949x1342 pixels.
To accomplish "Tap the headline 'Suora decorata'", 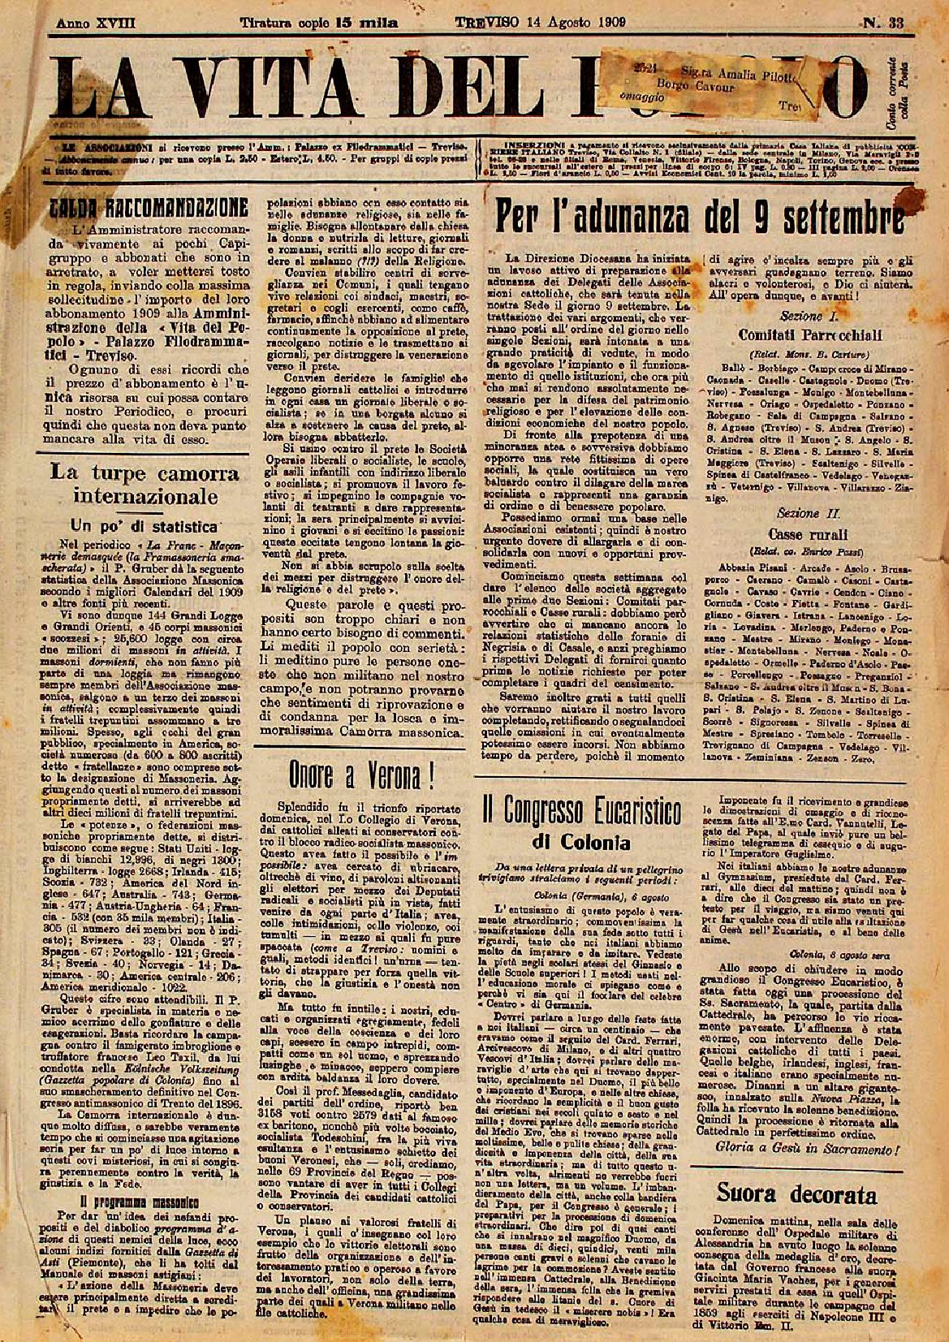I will click(796, 1194).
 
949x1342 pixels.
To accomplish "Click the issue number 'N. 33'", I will click(883, 23).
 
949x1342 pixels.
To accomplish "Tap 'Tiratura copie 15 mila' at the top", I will click(318, 24).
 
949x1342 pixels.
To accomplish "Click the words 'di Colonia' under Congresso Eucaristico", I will click(592, 841).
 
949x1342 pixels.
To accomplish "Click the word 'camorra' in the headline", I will click(179, 472).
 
